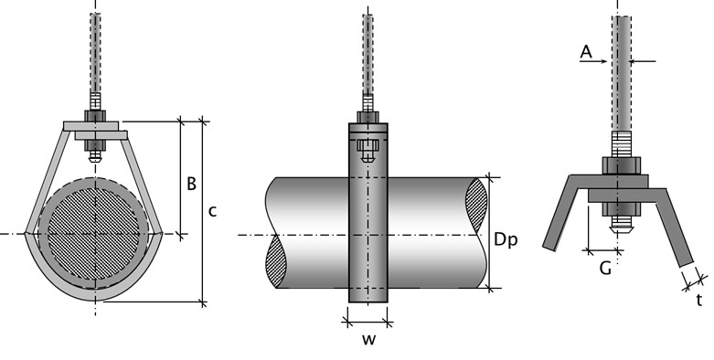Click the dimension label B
click(192, 184)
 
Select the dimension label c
click(212, 212)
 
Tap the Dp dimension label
click(506, 240)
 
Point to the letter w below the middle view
click(368, 340)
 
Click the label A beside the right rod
click(586, 52)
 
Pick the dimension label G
click(605, 269)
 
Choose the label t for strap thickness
click(699, 300)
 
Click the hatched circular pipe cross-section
click(94, 234)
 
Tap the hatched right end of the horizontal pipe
click(476, 205)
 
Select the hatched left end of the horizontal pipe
click(276, 260)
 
